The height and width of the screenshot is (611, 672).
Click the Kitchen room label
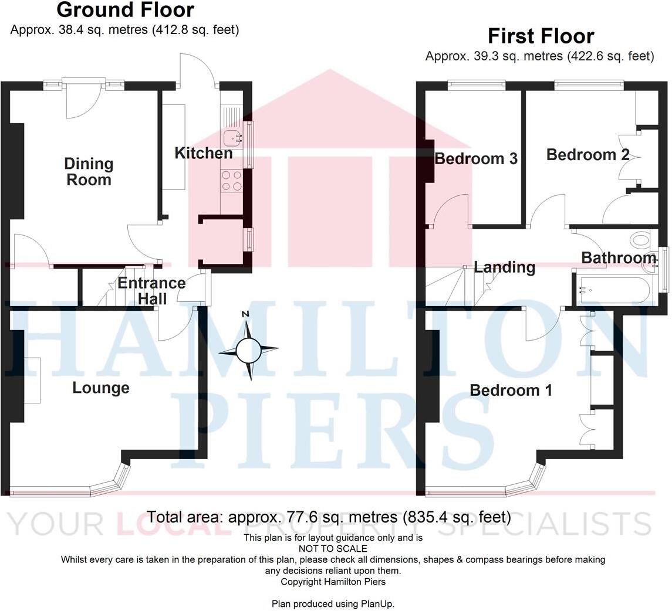click(x=204, y=154)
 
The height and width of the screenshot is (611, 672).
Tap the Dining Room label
click(x=89, y=172)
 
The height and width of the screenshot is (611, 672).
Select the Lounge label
click(x=101, y=388)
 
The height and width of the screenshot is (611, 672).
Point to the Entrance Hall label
click(x=151, y=291)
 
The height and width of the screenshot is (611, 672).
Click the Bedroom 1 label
click(x=511, y=390)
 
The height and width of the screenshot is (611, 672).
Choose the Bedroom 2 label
click(x=587, y=155)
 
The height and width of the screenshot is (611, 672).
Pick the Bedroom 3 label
click(x=476, y=159)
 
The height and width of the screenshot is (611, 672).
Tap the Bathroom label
click(x=619, y=258)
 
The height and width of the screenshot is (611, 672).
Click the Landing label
click(x=504, y=267)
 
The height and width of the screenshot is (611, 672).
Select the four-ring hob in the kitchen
click(x=231, y=180)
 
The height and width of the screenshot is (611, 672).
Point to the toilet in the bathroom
click(x=641, y=239)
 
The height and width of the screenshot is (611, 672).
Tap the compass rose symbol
click(x=248, y=351)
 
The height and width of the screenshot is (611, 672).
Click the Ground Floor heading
click(x=125, y=10)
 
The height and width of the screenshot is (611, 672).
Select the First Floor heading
click(x=541, y=36)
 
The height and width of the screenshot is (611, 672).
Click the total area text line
click(x=328, y=517)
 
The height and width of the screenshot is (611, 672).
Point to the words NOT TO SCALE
click(x=333, y=549)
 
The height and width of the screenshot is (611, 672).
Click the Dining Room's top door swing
click(x=83, y=103)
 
